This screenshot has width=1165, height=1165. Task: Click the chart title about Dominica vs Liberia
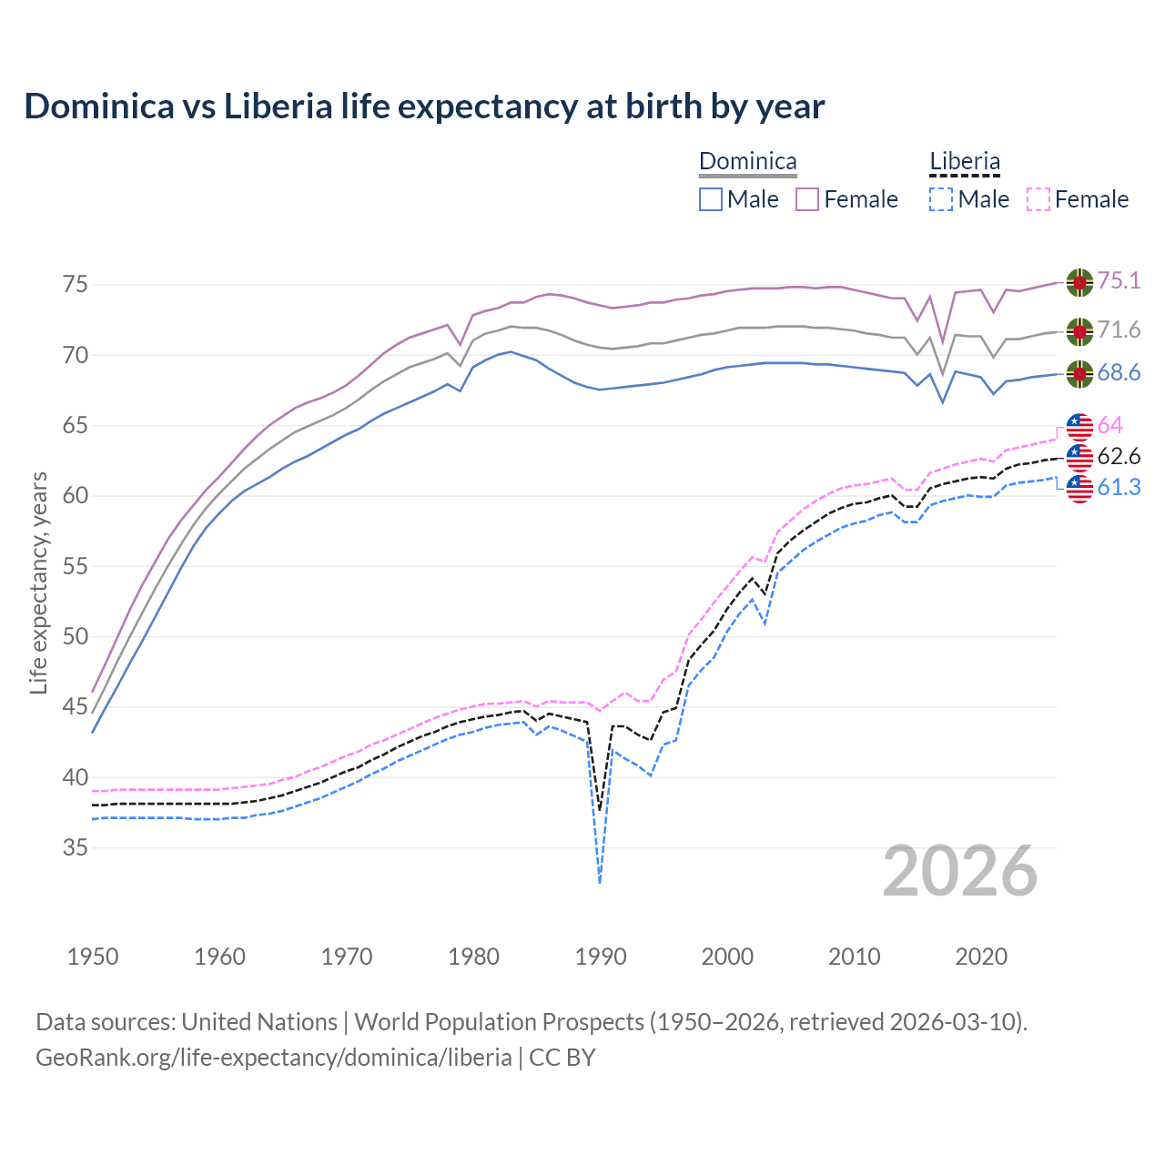tap(424, 106)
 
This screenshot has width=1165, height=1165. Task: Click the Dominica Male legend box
tap(711, 199)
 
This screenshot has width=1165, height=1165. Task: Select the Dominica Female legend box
tap(807, 199)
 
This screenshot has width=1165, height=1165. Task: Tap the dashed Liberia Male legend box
tap(941, 199)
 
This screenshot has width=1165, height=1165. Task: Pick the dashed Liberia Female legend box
tap(1038, 199)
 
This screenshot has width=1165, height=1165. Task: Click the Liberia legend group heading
tap(965, 162)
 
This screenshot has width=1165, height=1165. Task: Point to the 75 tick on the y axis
tap(76, 285)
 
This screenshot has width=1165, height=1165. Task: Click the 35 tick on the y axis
tap(76, 848)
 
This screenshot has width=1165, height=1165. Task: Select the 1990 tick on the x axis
tap(601, 957)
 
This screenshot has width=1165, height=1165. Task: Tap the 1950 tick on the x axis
tap(93, 957)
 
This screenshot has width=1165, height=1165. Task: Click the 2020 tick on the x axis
tap(981, 957)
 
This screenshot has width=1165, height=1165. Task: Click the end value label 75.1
tap(1119, 281)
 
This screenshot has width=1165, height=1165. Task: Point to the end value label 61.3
tap(1119, 488)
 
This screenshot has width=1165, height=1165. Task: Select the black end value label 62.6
tap(1119, 457)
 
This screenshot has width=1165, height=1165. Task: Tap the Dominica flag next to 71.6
tap(1079, 331)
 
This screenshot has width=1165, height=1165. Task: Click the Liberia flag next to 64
tap(1079, 426)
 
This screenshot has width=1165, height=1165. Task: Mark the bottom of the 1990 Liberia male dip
tap(600, 881)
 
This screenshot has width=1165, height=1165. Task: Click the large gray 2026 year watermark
tap(960, 871)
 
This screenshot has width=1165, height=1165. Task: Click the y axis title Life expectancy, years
tap(38, 582)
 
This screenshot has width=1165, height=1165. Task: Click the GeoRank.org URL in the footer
tap(273, 1058)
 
